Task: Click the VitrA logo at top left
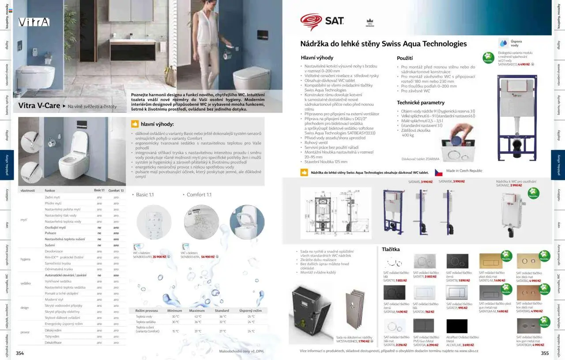[x=34, y=22]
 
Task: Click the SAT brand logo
[x=322, y=21]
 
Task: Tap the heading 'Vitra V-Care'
[x=39, y=106]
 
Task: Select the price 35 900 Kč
[x=159, y=256]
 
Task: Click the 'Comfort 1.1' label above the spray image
[x=199, y=195]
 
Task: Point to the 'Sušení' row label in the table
[x=50, y=245]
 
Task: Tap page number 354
[x=20, y=353]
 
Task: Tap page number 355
[x=545, y=353]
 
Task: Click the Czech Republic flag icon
[x=438, y=172]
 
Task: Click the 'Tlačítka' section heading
[x=391, y=249]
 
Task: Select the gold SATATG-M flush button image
[x=490, y=261]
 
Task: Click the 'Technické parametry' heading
[x=420, y=103]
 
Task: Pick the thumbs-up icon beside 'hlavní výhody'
[x=135, y=124]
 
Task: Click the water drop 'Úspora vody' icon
[x=503, y=43]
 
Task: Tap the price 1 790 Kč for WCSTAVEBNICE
[x=364, y=341]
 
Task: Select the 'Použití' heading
[x=405, y=58]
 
